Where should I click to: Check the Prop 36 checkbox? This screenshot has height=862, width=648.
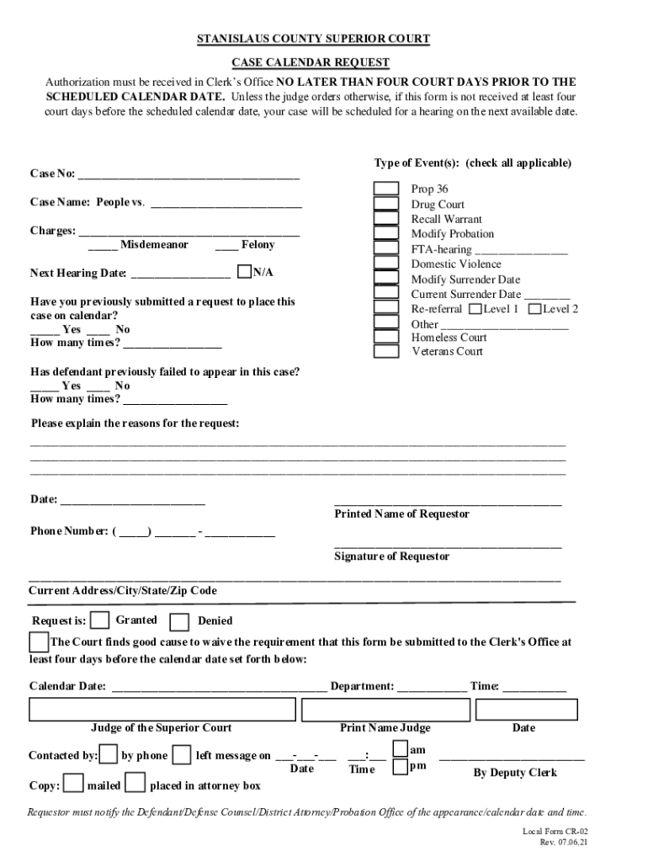click(386, 189)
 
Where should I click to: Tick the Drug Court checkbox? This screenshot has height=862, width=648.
click(386, 204)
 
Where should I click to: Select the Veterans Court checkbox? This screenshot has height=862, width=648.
click(386, 351)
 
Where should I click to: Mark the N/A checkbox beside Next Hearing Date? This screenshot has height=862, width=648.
click(245, 272)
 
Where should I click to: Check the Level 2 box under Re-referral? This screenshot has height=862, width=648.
click(535, 309)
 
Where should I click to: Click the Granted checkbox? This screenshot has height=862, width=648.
click(100, 620)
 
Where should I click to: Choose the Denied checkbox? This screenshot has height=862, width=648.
click(179, 622)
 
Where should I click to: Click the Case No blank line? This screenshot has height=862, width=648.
click(189, 175)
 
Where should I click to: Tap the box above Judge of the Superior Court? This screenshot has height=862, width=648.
click(162, 710)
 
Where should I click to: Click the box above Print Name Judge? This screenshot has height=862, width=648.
click(385, 710)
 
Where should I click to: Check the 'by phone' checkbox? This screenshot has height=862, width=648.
click(109, 754)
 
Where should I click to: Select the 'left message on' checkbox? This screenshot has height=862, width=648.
click(183, 754)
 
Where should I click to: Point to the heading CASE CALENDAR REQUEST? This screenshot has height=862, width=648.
click(311, 63)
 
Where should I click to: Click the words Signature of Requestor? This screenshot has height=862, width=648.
click(391, 556)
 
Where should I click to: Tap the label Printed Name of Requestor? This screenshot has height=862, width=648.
click(401, 514)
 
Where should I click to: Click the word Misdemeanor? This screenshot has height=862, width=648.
click(154, 245)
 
